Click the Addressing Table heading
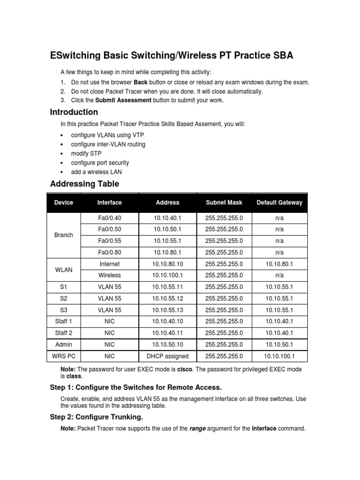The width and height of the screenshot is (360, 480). pyautogui.click(x=84, y=184)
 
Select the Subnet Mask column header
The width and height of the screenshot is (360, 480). pyautogui.click(x=224, y=202)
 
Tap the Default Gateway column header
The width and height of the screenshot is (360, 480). pyautogui.click(x=279, y=202)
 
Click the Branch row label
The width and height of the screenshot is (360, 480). pyautogui.click(x=64, y=235)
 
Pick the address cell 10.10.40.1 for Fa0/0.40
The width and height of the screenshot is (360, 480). pyautogui.click(x=167, y=218)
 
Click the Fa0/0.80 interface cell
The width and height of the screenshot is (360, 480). pyautogui.click(x=110, y=253)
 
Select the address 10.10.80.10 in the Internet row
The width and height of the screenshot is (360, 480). pyautogui.click(x=167, y=264)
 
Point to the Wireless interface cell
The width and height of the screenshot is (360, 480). pyautogui.click(x=110, y=276)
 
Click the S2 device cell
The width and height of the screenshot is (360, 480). pyautogui.click(x=64, y=299)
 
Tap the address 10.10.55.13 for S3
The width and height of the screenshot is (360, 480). pyautogui.click(x=167, y=310)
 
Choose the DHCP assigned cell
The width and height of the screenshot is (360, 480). pyautogui.click(x=167, y=356)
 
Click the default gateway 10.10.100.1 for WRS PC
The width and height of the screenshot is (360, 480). pyautogui.click(x=279, y=356)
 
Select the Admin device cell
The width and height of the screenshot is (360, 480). pyautogui.click(x=64, y=345)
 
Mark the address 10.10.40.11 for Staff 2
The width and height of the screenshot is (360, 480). pyautogui.click(x=167, y=333)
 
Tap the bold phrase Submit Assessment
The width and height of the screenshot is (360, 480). pyautogui.click(x=123, y=100)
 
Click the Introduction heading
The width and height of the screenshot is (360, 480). pyautogui.click(x=74, y=112)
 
